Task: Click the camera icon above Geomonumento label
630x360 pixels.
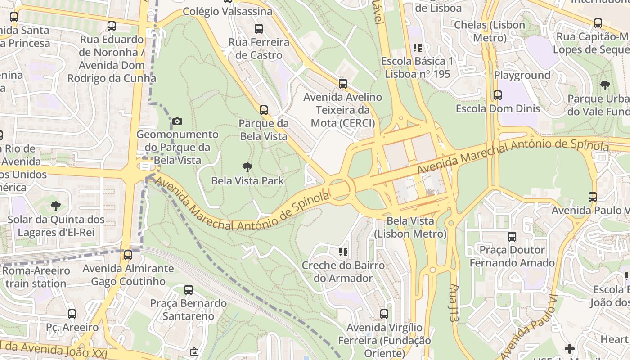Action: (177, 121)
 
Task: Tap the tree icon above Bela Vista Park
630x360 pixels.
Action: (247, 168)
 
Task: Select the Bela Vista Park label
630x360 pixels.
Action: (247, 181)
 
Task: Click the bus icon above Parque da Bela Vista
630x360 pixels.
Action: (264, 110)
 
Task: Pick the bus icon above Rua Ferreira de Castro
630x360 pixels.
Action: (259, 29)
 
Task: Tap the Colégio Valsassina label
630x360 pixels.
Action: (228, 11)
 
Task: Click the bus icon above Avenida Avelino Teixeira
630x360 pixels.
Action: (343, 83)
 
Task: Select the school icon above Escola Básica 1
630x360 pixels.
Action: (418, 48)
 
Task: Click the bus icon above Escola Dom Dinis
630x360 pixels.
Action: (497, 95)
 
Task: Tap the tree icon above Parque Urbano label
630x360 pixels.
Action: (605, 85)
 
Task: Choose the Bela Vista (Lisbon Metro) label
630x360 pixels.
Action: (410, 227)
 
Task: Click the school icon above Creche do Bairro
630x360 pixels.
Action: (343, 252)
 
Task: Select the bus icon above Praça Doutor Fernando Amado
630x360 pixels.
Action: (512, 237)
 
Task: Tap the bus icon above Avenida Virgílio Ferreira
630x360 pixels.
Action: (384, 314)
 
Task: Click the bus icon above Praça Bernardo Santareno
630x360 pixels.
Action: (189, 290)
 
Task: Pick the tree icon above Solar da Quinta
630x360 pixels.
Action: (56, 206)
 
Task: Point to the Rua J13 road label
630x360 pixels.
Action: (454, 302)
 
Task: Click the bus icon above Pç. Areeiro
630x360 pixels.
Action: (72, 314)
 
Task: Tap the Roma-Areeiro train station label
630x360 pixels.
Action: (36, 277)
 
